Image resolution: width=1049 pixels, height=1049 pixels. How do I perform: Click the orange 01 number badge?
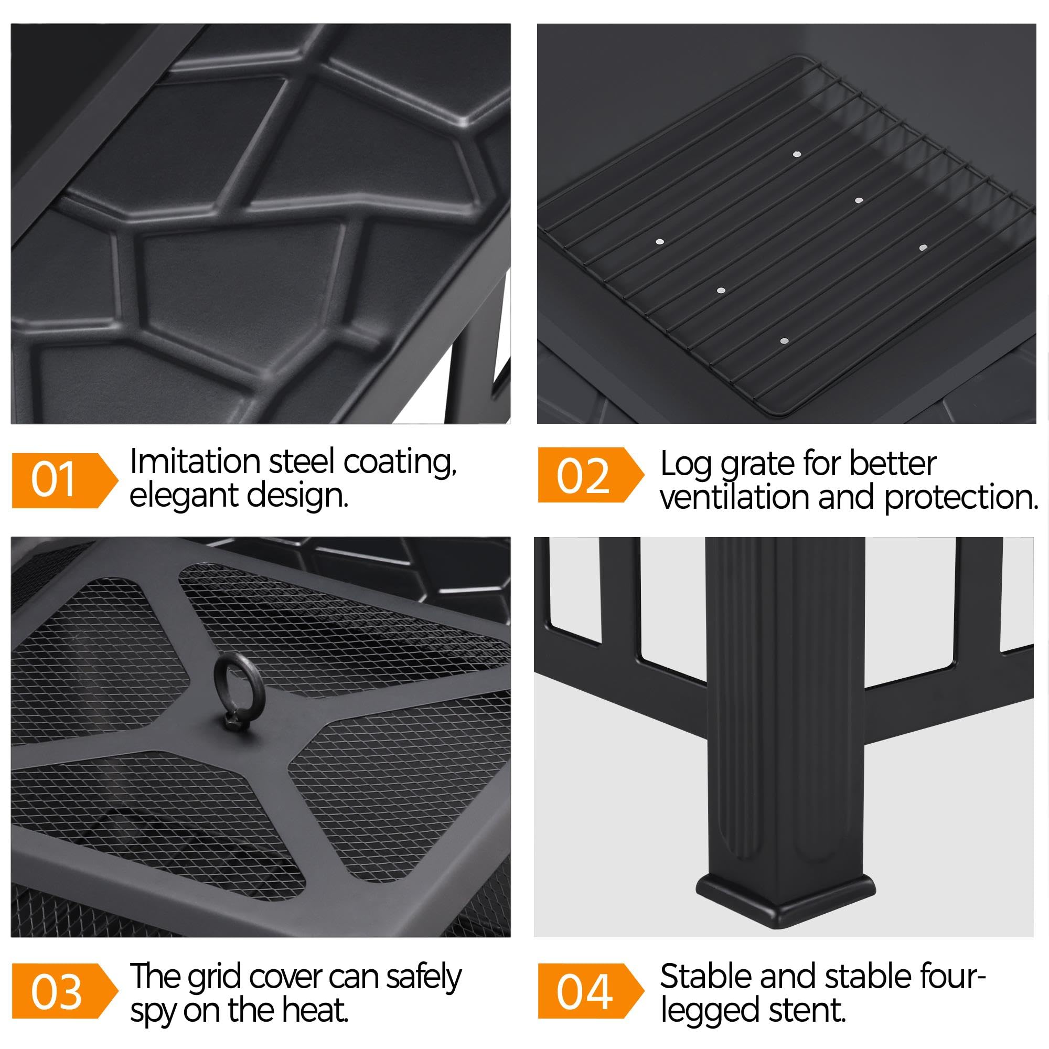(x=65, y=480)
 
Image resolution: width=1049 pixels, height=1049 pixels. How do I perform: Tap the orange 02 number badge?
(x=591, y=475)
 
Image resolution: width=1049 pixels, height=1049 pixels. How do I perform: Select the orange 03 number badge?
(x=65, y=991)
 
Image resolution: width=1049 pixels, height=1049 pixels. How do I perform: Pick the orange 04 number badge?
(x=591, y=991)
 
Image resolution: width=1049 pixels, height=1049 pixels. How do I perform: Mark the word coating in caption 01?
(x=400, y=463)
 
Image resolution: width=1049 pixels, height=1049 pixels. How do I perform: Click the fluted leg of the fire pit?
(x=785, y=706)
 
